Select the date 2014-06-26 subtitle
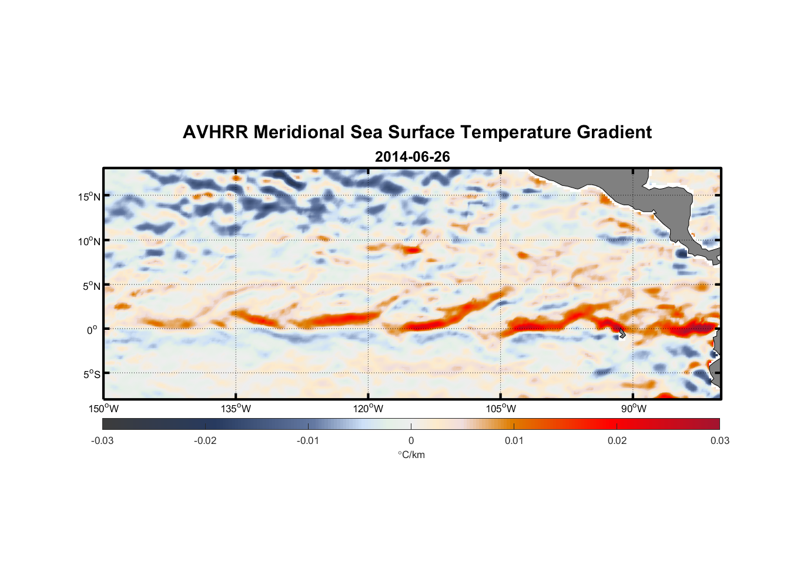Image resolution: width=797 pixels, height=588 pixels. coord(412,157)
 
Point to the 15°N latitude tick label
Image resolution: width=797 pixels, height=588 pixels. coord(89,196)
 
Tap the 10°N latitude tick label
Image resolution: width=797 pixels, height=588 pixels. coord(89,241)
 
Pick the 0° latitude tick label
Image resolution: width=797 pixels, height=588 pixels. coord(93,330)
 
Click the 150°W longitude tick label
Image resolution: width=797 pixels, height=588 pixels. coord(103,409)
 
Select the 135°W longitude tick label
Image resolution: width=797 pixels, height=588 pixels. coord(236,409)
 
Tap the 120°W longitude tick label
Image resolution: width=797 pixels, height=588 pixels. coord(368,409)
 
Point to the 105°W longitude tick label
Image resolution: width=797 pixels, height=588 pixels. coord(501,409)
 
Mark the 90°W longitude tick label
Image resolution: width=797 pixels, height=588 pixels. coord(634,409)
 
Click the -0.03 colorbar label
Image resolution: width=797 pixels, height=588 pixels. coord(102,440)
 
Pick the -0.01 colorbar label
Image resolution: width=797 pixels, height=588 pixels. coord(308,440)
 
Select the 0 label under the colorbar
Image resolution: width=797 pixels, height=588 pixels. coord(411,440)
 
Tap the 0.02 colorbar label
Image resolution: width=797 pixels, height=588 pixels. coord(617,440)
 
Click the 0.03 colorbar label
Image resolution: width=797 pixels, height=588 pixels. coord(719,440)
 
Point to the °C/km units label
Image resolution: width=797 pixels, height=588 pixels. coord(411,455)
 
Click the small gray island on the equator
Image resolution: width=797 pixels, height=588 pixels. coord(622,333)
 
